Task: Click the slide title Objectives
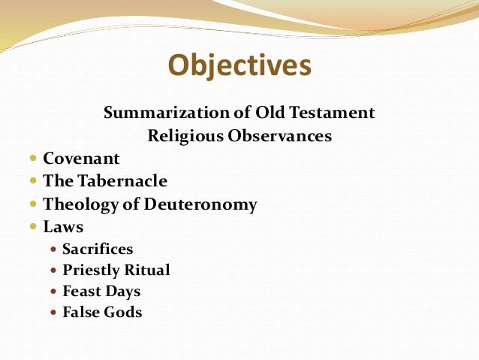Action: coord(239,65)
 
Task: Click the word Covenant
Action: coord(81,159)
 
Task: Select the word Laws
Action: coord(63,226)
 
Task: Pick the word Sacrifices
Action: coord(98,248)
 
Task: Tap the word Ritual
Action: coord(147,270)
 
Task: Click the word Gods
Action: coord(123,312)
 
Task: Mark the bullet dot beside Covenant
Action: coord(34,159)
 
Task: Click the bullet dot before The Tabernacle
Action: coord(34,182)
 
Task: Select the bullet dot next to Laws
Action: coord(34,227)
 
